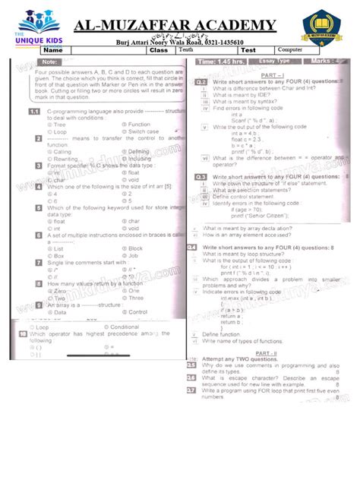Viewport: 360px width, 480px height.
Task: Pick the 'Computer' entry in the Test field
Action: pyautogui.click(x=291, y=50)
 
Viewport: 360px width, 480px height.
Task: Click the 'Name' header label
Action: pyautogui.click(x=62, y=51)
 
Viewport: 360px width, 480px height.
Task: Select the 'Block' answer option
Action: pyautogui.click(x=135, y=248)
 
